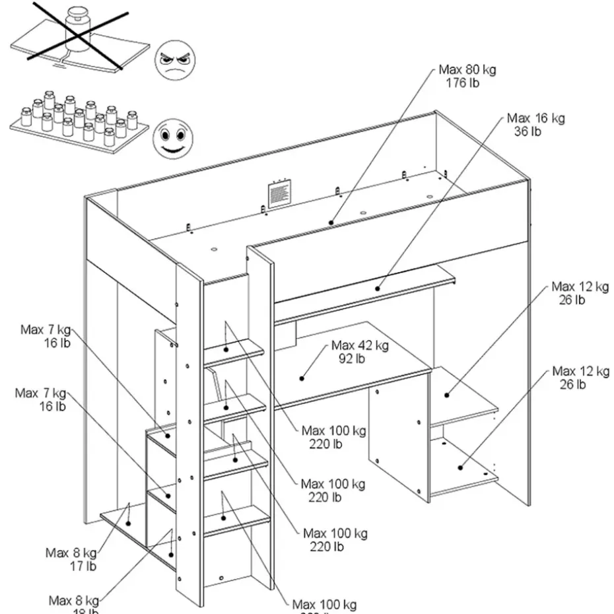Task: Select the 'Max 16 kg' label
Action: point(535,119)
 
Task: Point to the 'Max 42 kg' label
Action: point(360,345)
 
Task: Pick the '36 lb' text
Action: point(528,131)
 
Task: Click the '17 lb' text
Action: point(84,566)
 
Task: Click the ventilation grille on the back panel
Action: point(279,194)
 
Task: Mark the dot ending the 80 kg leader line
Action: point(332,223)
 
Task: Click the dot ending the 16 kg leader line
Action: point(379,288)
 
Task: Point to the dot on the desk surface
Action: point(302,378)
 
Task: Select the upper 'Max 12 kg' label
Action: point(580,287)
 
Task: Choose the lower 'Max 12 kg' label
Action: point(580,371)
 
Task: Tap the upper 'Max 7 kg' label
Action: point(46,329)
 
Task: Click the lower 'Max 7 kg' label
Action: point(41,393)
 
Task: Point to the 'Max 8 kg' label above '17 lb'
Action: point(71,553)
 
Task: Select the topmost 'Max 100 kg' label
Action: point(333,431)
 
